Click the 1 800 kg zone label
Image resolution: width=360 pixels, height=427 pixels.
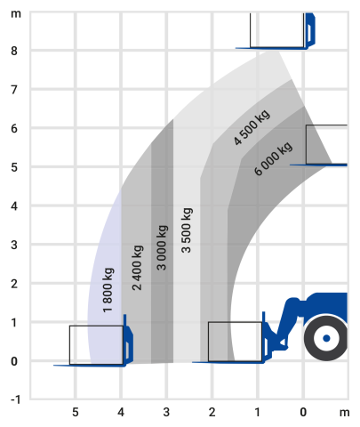(108, 290)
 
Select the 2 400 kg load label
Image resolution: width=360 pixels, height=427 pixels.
(137, 268)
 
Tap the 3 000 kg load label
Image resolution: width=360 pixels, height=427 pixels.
(162, 248)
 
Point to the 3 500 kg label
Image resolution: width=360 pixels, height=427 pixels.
(187, 230)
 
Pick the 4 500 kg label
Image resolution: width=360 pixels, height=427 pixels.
(252, 127)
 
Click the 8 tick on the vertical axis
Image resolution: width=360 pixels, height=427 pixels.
(14, 51)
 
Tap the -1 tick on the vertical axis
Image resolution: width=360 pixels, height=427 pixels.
(15, 399)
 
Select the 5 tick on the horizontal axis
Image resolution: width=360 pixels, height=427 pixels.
(76, 412)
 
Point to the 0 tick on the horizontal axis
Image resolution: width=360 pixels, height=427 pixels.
(303, 412)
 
